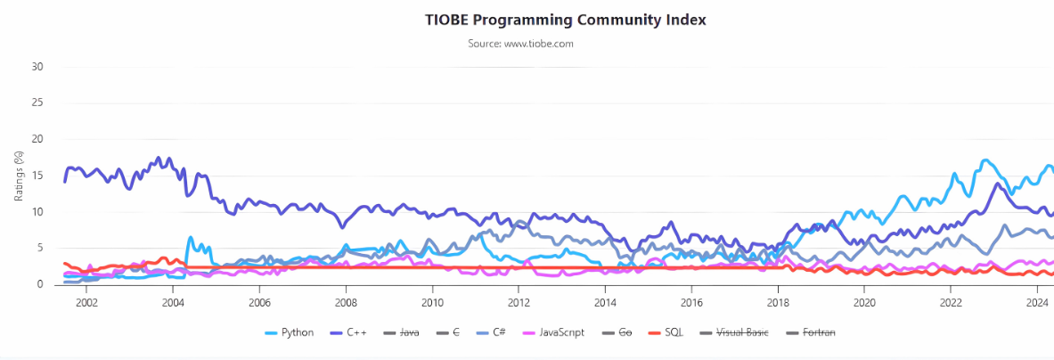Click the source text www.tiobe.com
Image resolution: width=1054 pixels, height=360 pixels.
coord(520,43)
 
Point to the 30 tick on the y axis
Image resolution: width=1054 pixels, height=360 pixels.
coord(37,67)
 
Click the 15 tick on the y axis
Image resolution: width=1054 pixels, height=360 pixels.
coord(37,176)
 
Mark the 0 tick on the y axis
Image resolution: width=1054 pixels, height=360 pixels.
coord(39,284)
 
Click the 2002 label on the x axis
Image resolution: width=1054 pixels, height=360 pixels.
coord(86,301)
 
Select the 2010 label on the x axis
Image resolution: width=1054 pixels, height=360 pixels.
coord(432,301)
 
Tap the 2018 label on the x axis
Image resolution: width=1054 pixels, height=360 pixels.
coord(778,301)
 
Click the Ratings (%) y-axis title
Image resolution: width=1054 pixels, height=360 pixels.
coord(18,175)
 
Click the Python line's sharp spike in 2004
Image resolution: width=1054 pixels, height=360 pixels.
coord(190,238)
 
